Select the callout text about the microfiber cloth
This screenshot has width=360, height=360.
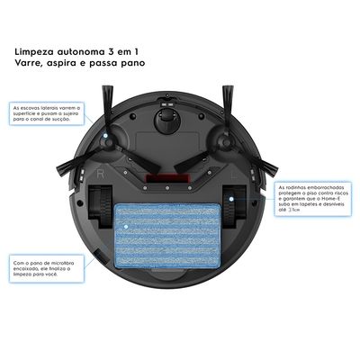[x=40, y=269]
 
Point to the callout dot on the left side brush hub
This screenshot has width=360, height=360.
[x=106, y=137]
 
